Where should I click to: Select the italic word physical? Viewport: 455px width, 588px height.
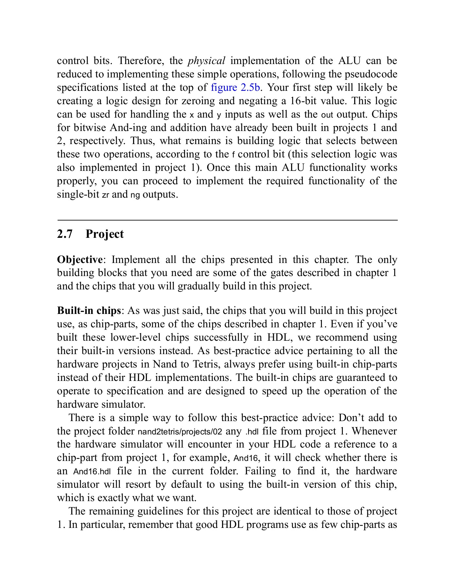point(206,61)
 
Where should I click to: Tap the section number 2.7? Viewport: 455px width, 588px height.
point(65,234)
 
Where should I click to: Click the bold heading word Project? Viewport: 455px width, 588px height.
point(105,234)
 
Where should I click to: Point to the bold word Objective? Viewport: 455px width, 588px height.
point(80,260)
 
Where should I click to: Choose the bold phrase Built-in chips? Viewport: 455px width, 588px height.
point(89,310)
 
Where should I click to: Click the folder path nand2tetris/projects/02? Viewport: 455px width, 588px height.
point(180,432)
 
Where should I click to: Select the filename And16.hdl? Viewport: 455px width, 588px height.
point(92,472)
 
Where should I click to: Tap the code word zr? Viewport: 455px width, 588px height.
point(105,195)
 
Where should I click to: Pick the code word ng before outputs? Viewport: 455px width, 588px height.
point(135,195)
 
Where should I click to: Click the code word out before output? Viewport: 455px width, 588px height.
point(327,115)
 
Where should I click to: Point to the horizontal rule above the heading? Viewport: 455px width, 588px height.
point(227,220)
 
